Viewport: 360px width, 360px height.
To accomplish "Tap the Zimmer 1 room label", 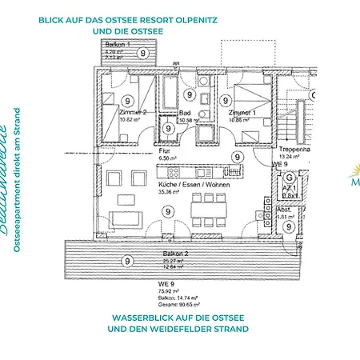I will click(241, 114).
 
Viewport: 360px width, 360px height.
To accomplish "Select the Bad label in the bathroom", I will click(186, 114).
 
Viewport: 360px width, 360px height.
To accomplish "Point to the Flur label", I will click(165, 150).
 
